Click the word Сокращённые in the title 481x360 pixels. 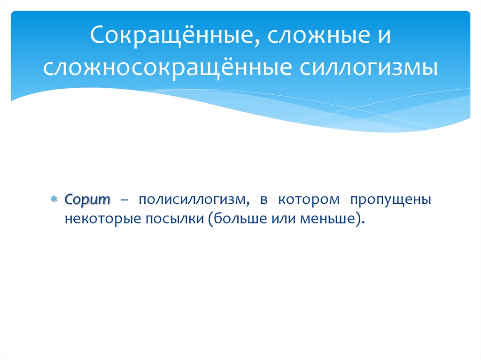171,37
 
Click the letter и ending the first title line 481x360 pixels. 383,37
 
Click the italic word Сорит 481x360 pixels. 87,199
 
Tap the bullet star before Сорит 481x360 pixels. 54,199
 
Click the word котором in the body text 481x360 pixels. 308,199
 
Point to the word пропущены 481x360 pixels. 390,199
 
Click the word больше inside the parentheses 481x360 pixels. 237,218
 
